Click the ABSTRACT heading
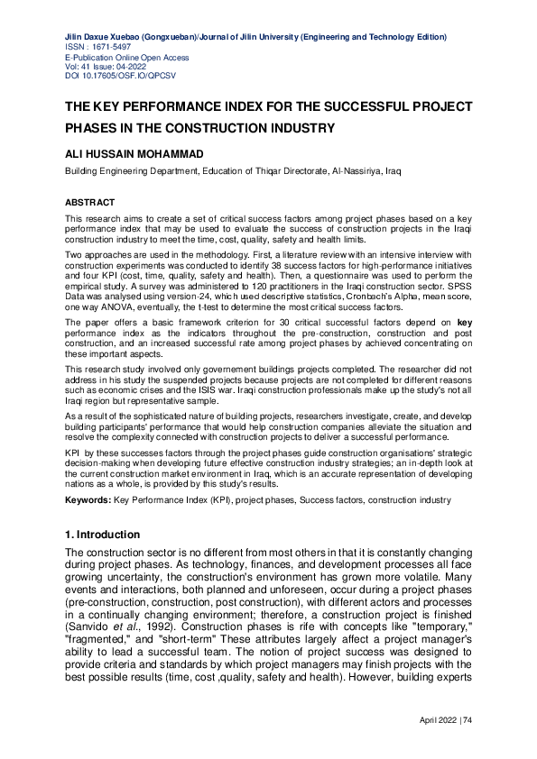89,203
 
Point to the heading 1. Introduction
102,535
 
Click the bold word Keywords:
88,498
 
